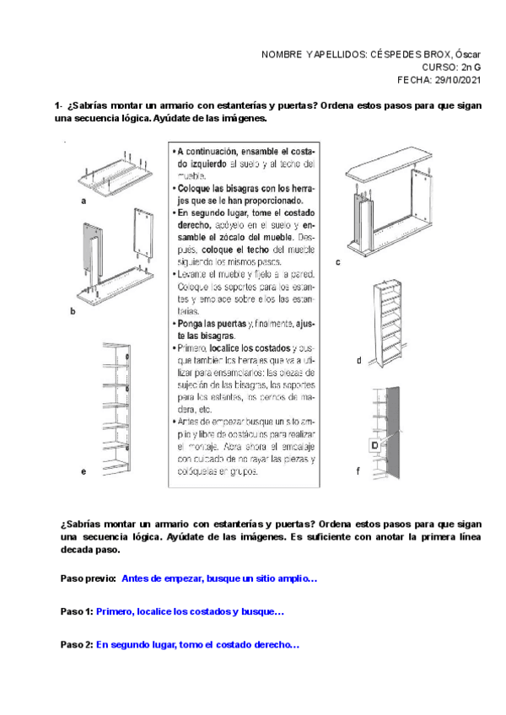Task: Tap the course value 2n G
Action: (470, 68)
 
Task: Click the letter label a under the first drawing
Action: (83, 202)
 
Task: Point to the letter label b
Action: (73, 311)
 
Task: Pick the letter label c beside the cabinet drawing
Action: (337, 262)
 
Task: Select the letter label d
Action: (358, 360)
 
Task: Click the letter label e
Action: (83, 472)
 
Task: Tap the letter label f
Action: (358, 472)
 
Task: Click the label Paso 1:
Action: (77, 611)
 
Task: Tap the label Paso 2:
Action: (77, 644)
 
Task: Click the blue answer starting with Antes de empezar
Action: (219, 579)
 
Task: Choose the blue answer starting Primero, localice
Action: (191, 611)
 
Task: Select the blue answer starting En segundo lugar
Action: (197, 644)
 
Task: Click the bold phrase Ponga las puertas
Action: (212, 323)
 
